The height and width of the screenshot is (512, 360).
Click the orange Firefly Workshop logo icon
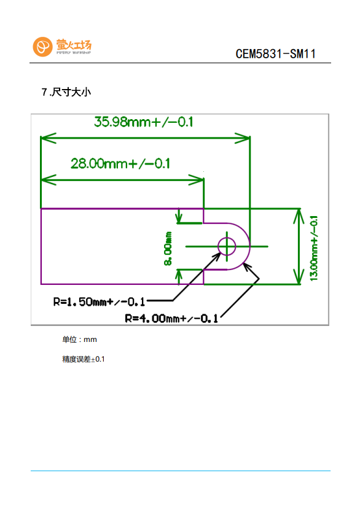point(42,47)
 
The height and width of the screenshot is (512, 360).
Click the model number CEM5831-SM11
point(276,54)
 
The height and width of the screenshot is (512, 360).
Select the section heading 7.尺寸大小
point(66,92)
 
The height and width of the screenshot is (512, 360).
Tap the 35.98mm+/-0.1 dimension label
point(143,122)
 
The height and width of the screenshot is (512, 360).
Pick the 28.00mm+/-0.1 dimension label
point(120,163)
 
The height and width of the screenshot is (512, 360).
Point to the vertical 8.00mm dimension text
point(168,248)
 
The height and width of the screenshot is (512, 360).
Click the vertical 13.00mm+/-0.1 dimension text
point(313,248)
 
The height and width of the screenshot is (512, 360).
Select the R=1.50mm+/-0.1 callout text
point(99,301)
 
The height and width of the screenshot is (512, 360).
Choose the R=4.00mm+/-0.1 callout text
point(171,318)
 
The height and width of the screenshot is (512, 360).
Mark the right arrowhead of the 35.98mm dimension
point(243,138)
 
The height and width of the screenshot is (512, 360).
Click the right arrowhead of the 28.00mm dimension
point(197,180)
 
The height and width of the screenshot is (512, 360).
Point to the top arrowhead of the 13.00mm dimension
point(299,216)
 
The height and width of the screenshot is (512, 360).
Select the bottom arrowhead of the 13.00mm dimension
point(299,277)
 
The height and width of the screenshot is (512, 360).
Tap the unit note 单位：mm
point(79,339)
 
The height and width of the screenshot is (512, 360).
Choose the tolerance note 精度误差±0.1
point(84,359)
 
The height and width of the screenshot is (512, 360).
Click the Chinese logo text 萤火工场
point(74,44)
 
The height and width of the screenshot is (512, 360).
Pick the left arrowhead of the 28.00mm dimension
point(49,180)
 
